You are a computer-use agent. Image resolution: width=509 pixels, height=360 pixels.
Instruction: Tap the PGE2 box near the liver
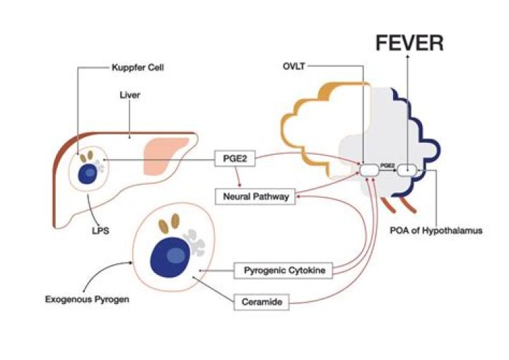(x=234, y=161)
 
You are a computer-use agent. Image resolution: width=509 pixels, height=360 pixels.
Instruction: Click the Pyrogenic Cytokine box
(x=282, y=270)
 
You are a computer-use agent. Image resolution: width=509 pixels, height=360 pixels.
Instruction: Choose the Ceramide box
(x=262, y=303)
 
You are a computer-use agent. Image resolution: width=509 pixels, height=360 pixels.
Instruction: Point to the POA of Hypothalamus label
(x=436, y=231)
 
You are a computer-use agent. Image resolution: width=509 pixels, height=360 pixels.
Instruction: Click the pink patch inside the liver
(x=165, y=156)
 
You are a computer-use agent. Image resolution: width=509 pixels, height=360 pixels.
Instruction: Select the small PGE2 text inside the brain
(x=387, y=166)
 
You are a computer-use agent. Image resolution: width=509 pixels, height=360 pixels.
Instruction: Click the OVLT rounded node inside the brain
(x=369, y=170)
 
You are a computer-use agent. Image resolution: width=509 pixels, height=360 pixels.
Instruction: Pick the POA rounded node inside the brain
(x=407, y=170)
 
